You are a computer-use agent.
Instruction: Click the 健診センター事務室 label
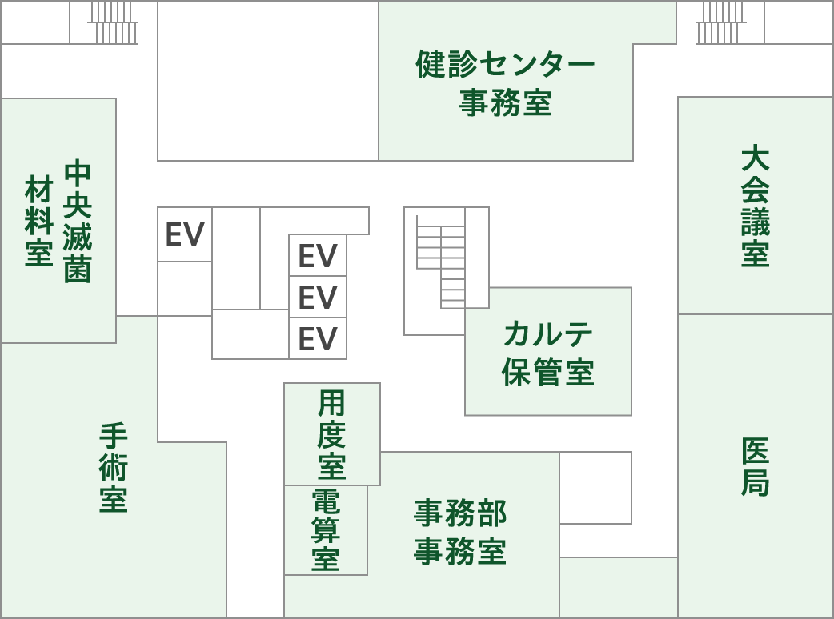point(505,84)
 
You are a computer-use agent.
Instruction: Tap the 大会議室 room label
point(755,206)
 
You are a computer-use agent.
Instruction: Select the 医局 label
point(755,466)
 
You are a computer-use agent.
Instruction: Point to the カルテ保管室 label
point(548,353)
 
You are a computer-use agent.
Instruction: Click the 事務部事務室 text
point(460,533)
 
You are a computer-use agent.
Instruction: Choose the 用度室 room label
point(331,433)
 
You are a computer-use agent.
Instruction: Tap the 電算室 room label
point(326,529)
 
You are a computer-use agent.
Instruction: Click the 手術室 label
point(114,468)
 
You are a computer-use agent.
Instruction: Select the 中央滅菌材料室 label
point(58,221)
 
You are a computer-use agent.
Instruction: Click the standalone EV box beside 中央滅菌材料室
point(185,234)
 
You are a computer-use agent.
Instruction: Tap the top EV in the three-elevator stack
point(318,256)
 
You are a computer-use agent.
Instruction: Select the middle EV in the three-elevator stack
point(318,298)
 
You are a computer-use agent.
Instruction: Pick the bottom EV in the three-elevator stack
point(318,338)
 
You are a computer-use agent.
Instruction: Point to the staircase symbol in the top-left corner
point(113,22)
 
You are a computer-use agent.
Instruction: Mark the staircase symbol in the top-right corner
point(720,22)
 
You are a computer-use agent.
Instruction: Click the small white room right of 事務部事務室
point(595,488)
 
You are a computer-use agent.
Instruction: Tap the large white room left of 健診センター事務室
point(267,80)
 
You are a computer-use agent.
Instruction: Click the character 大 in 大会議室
point(755,158)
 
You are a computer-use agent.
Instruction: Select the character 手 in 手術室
point(114,436)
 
